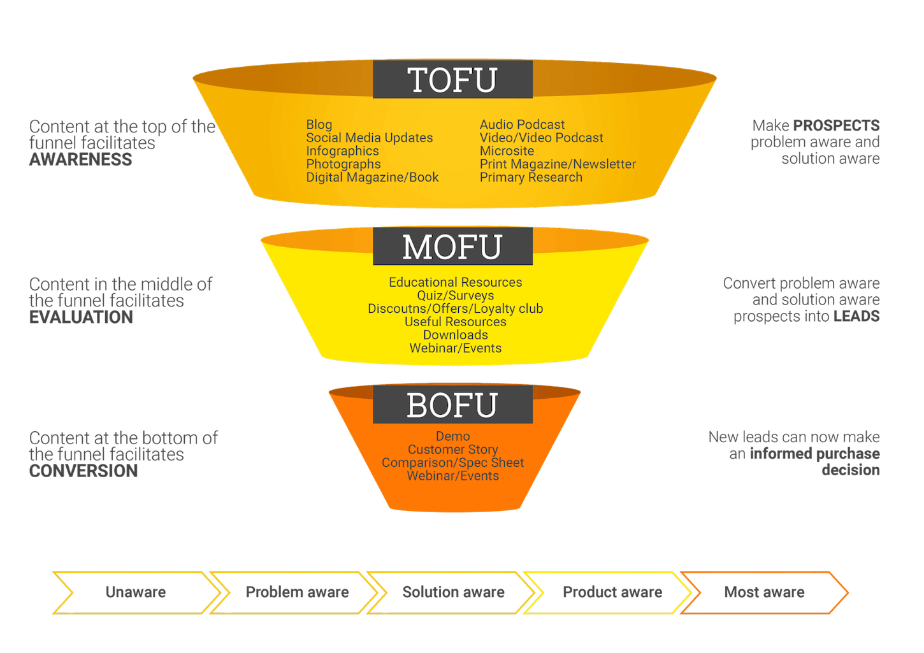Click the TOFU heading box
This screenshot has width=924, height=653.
[x=452, y=80]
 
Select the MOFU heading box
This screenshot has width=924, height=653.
[x=452, y=247]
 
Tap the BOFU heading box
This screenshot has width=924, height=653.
[x=452, y=405]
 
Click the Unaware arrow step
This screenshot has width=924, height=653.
[x=136, y=592]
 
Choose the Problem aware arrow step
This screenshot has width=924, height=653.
[x=297, y=592]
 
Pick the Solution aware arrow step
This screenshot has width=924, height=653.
[x=453, y=592]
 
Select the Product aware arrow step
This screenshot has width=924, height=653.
[x=612, y=592]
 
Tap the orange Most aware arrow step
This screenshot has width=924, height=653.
[x=764, y=592]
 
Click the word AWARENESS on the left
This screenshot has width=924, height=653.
[x=81, y=159]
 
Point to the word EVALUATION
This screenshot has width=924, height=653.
[x=81, y=317]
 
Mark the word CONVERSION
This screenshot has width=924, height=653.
[x=83, y=471]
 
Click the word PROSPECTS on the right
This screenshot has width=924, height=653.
[x=837, y=125]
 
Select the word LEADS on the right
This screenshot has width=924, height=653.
[x=856, y=316]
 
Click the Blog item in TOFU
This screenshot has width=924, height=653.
[x=319, y=125]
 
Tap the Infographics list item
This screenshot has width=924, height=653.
[x=342, y=151]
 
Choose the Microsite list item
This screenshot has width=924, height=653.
[x=507, y=151]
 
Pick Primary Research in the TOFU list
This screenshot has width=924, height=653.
[x=531, y=177]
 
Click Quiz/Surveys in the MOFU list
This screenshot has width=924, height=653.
[x=456, y=296]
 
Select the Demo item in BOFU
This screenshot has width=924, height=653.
[x=453, y=436]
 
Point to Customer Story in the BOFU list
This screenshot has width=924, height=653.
[x=453, y=450]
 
